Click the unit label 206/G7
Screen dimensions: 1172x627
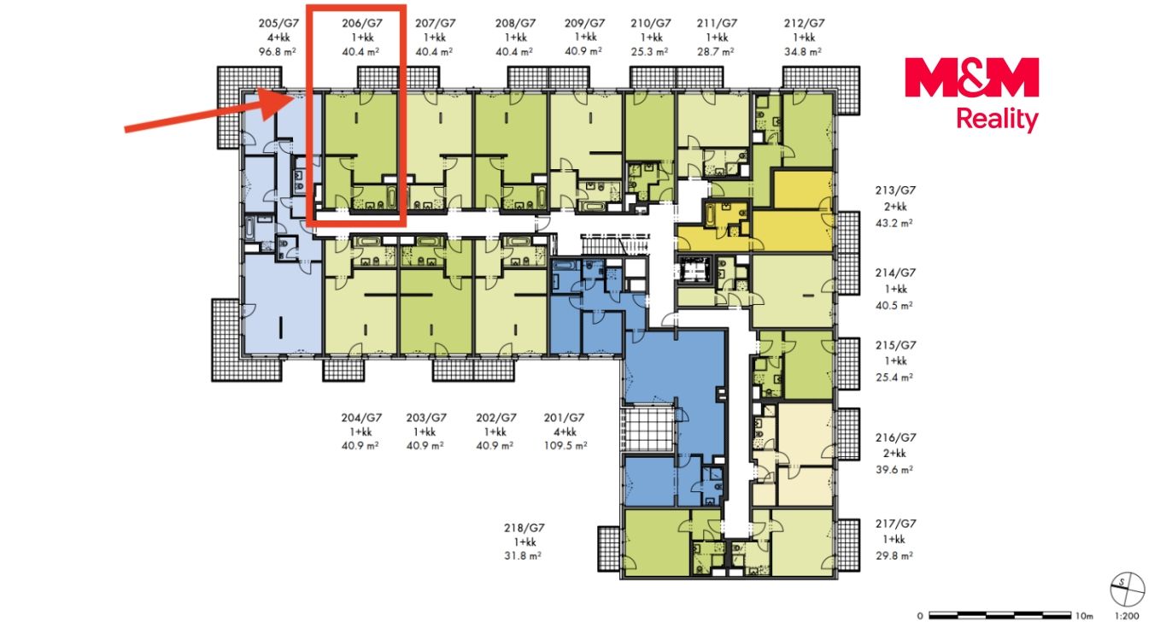tap(362, 23)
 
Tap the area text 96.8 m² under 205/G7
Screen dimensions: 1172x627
tap(278, 51)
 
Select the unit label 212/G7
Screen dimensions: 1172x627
tap(804, 23)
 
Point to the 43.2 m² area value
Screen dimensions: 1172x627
tap(894, 223)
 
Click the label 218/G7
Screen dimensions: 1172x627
tap(524, 528)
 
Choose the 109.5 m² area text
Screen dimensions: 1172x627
tap(565, 445)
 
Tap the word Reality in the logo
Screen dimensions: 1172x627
tap(997, 120)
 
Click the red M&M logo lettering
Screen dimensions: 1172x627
tap(971, 78)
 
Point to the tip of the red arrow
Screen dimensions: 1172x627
tap(294, 97)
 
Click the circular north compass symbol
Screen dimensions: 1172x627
tap(1128, 589)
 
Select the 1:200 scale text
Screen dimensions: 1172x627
tap(1127, 616)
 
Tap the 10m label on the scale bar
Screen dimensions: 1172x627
tap(1084, 616)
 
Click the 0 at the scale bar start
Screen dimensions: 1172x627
tap(920, 616)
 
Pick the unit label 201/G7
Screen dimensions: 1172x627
tap(564, 418)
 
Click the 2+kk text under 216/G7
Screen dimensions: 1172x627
tap(895, 454)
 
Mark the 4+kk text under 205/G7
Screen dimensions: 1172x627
tap(278, 38)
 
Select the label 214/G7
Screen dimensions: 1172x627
tap(896, 272)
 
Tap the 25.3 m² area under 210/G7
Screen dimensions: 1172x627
tap(649, 51)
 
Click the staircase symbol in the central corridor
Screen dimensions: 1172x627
tap(615, 244)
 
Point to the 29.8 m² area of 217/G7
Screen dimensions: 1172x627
tap(894, 556)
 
